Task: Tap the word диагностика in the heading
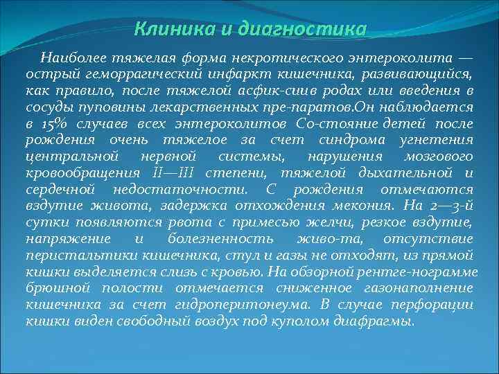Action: tap(301, 30)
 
